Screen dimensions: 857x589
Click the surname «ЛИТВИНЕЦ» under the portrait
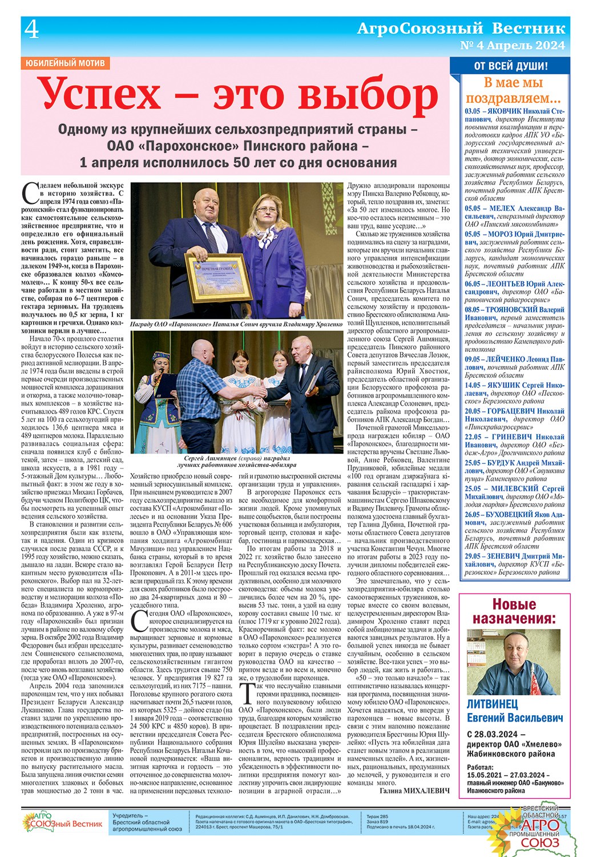493,704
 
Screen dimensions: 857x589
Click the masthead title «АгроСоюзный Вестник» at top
461,28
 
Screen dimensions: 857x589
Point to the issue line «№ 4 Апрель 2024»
512,45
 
